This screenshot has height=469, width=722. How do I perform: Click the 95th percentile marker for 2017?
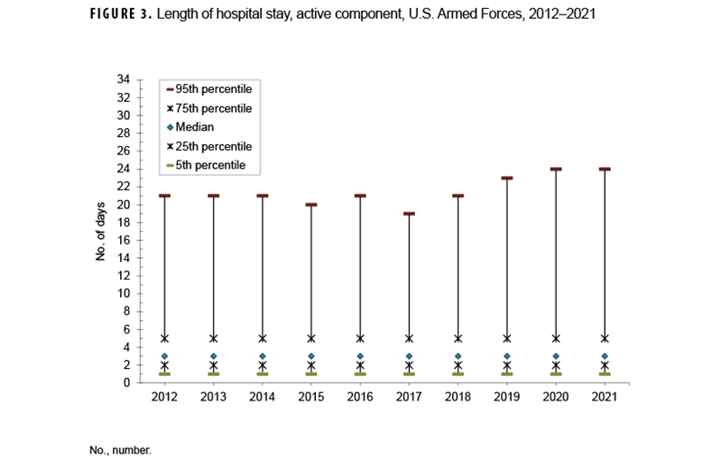click(x=409, y=214)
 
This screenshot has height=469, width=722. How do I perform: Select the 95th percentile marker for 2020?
click(x=556, y=169)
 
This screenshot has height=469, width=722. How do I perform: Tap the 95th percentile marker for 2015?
click(x=311, y=205)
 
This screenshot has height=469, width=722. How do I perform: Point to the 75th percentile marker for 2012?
click(x=164, y=338)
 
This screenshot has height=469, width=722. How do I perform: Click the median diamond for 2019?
click(x=507, y=356)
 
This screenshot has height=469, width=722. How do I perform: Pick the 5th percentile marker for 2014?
click(x=263, y=373)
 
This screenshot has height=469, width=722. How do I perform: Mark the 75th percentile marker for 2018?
click(x=458, y=338)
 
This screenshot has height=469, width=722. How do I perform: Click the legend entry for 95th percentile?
click(x=214, y=89)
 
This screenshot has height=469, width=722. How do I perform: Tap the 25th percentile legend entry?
click(x=214, y=146)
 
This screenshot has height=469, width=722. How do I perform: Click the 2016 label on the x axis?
click(x=360, y=398)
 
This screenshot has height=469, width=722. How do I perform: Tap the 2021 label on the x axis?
click(x=605, y=398)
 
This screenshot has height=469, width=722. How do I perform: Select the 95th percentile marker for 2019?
click(x=507, y=178)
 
